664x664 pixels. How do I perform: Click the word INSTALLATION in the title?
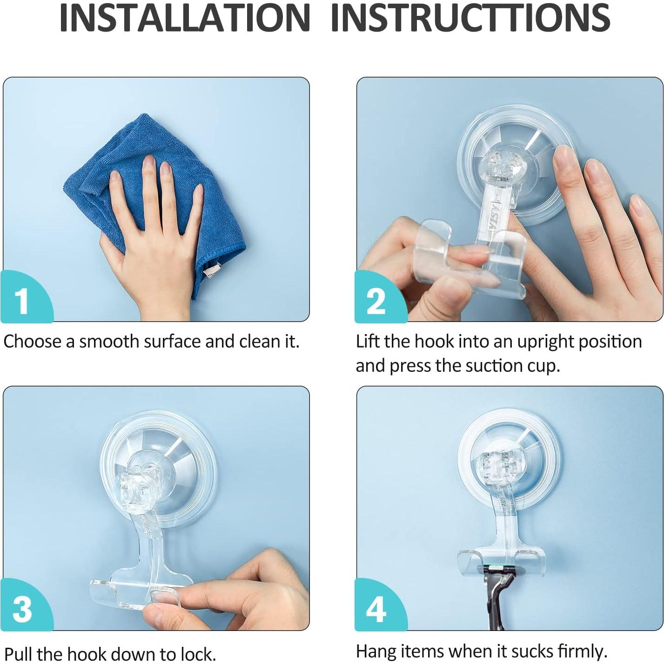click(x=185, y=18)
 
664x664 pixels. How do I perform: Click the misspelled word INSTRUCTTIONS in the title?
click(x=470, y=18)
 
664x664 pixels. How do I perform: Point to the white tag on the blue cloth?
click(x=211, y=270)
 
